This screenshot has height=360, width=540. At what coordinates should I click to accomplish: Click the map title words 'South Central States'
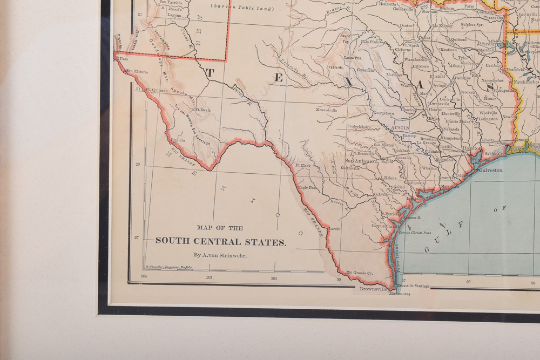(220, 241)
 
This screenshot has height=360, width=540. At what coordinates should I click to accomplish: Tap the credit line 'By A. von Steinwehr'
(220, 255)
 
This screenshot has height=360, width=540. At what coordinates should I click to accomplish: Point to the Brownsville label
(374, 289)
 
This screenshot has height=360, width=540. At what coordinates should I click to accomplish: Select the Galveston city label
(490, 170)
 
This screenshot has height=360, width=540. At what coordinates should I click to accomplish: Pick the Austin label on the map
(400, 128)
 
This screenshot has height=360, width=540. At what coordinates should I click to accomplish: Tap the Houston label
(471, 147)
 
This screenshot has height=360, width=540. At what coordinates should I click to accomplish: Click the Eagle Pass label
(307, 187)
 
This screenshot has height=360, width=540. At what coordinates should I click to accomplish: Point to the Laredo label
(334, 228)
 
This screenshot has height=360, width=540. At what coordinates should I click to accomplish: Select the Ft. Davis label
(202, 110)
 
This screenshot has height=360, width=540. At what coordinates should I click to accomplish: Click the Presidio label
(178, 140)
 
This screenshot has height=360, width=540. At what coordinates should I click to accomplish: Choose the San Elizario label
(137, 71)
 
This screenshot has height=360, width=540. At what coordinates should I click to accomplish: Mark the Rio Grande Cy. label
(360, 273)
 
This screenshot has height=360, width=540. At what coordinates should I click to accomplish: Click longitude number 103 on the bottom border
(209, 277)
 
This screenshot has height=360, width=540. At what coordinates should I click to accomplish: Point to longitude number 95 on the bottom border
(468, 281)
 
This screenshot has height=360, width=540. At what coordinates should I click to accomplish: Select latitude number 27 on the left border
(137, 237)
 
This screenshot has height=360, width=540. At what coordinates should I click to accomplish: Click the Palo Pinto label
(370, 41)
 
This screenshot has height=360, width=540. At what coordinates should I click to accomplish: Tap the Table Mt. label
(336, 67)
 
